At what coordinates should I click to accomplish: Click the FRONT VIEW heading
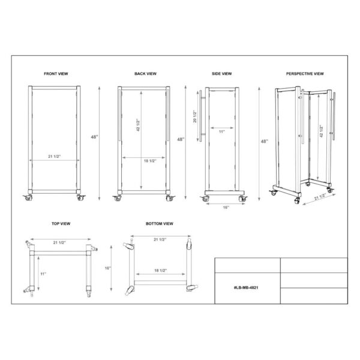[x=56, y=73]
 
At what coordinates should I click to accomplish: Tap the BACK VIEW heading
[x=145, y=73]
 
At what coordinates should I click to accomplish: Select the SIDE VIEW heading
[x=221, y=73]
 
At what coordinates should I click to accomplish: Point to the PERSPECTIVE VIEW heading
[x=305, y=73]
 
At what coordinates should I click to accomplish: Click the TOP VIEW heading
[x=61, y=223]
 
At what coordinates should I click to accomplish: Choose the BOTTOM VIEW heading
[x=159, y=223]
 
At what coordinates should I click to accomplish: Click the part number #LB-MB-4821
[x=246, y=287]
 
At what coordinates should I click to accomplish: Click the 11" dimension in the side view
[x=221, y=131]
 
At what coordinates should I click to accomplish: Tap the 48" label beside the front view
[x=95, y=137]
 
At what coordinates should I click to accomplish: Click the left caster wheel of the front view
[x=28, y=197]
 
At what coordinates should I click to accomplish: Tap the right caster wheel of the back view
[x=170, y=197]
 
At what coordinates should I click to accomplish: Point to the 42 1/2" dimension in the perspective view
[x=322, y=133]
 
